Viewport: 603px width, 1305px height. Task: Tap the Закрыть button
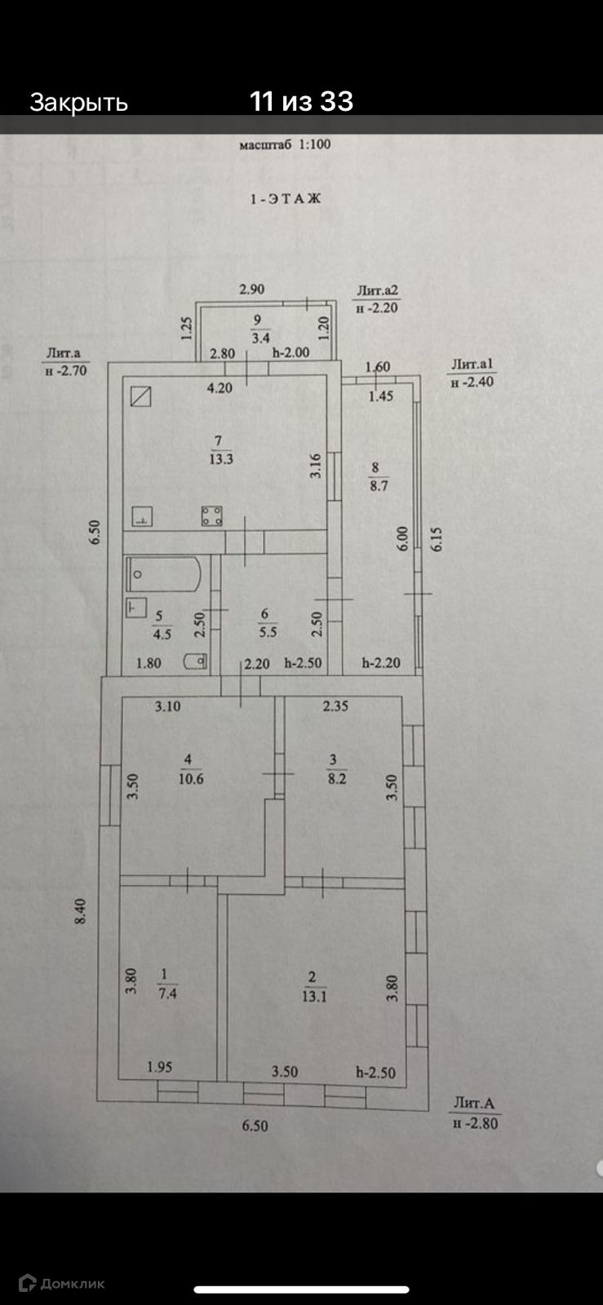click(78, 103)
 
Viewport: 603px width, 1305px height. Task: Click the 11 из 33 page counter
click(301, 102)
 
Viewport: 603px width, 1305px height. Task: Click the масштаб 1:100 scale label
click(285, 145)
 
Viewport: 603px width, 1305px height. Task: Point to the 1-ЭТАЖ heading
click(285, 198)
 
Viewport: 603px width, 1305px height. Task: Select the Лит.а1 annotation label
click(472, 365)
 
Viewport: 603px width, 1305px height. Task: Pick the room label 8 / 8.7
click(378, 476)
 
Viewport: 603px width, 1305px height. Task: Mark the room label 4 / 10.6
click(189, 769)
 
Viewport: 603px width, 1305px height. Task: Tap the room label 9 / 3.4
click(260, 329)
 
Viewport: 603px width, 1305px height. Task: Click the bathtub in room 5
click(163, 574)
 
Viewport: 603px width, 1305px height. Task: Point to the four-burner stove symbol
click(212, 516)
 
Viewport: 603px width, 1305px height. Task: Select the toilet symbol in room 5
click(195, 661)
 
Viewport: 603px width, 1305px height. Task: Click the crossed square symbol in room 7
click(142, 396)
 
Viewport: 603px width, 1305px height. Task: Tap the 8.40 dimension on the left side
click(80, 910)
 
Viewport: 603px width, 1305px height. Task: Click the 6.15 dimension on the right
click(438, 539)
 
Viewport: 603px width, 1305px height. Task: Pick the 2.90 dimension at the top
click(251, 289)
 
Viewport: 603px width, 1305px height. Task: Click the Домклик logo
click(62, 1283)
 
